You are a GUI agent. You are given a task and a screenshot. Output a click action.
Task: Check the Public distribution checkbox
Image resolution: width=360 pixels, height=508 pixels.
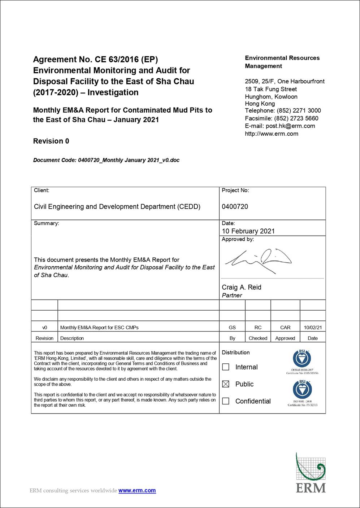click(226, 384)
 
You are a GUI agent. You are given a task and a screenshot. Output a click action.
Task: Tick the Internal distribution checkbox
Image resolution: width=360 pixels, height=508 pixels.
click(226, 367)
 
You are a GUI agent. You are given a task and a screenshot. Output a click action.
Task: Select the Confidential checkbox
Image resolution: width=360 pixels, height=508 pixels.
click(226, 401)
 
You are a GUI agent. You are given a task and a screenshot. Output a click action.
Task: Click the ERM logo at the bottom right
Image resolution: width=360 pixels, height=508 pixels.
click(311, 473)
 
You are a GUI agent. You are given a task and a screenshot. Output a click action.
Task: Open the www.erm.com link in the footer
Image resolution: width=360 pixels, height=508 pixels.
click(137, 491)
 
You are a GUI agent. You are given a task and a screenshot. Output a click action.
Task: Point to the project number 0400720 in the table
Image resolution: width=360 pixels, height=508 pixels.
click(235, 207)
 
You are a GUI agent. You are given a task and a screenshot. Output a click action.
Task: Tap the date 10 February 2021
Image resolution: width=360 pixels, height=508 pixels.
click(248, 231)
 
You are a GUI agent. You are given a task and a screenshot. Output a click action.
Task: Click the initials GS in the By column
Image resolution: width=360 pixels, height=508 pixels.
click(232, 328)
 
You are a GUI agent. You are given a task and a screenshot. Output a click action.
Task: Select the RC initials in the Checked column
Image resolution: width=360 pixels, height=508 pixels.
click(258, 328)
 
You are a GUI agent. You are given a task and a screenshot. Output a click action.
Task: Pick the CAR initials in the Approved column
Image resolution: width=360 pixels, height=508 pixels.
click(285, 328)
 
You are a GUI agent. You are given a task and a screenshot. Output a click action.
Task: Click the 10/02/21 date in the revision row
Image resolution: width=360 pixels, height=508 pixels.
click(313, 328)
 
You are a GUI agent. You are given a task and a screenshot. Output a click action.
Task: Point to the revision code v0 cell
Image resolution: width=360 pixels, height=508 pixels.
click(44, 328)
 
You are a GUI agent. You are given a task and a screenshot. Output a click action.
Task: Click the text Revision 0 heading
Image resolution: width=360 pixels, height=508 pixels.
click(51, 141)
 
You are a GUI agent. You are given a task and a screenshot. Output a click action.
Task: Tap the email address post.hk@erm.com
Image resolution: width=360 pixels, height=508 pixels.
click(290, 126)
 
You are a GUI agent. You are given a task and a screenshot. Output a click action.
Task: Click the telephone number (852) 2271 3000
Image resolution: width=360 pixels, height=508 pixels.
click(299, 111)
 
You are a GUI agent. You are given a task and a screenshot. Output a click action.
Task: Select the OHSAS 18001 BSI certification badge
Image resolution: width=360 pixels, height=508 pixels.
click(302, 360)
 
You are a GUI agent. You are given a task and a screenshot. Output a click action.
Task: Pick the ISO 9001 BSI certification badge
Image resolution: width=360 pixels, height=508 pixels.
click(302, 392)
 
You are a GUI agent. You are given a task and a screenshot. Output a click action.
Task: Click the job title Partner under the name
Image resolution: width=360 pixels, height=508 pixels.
click(232, 295)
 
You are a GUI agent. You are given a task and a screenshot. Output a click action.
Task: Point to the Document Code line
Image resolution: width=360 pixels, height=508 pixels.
click(106, 160)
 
